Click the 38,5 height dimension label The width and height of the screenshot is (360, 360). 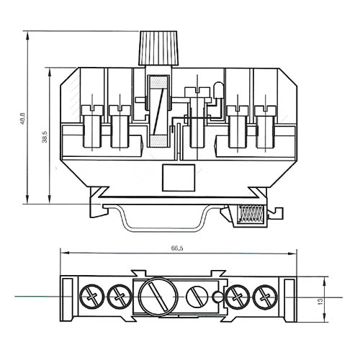[x=45, y=138]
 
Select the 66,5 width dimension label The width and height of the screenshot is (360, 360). [x=177, y=248]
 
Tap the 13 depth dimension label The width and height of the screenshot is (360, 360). [x=320, y=301]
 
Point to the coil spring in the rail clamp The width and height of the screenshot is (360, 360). [x=251, y=213]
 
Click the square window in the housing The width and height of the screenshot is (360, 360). [x=179, y=178]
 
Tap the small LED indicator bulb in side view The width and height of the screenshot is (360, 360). [x=218, y=90]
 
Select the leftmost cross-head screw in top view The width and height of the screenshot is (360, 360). [x=92, y=297]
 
